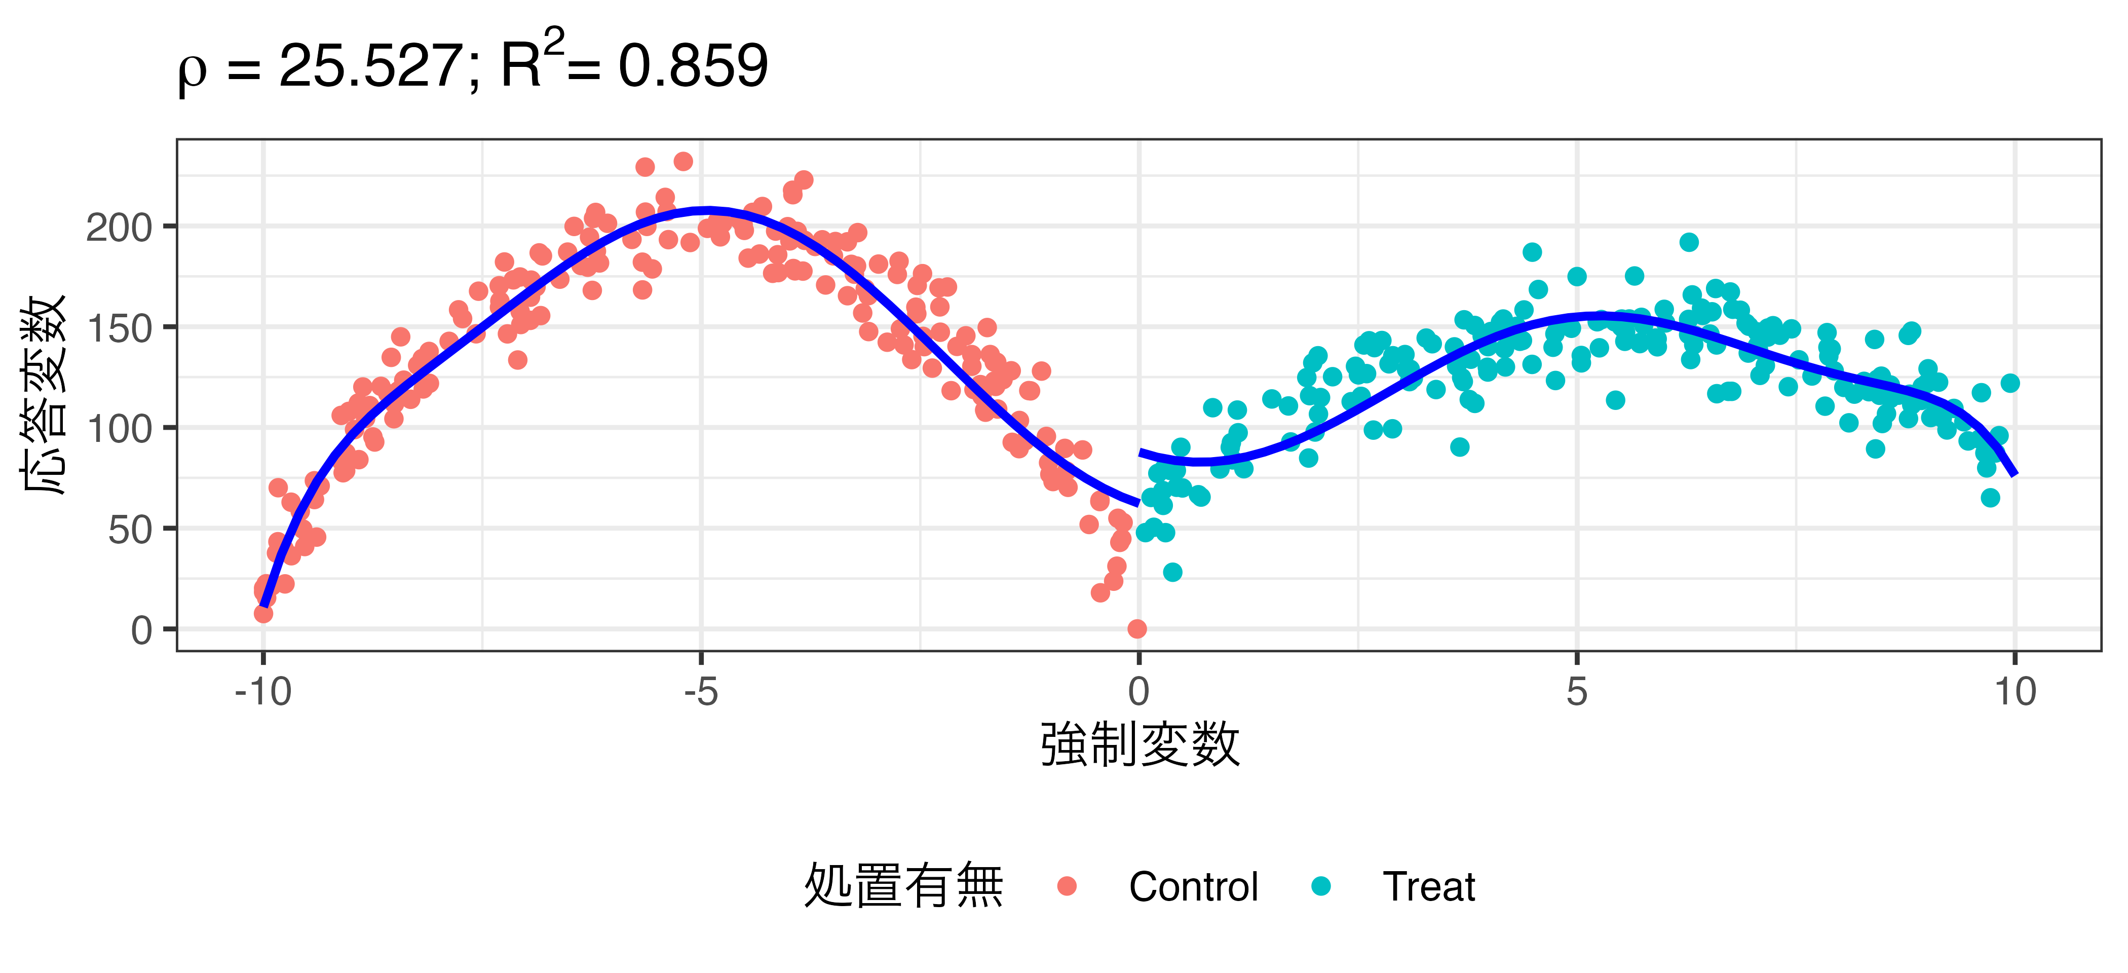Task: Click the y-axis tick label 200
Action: [119, 227]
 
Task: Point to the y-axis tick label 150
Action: [119, 328]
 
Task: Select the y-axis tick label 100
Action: [119, 429]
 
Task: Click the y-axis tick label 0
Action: [141, 630]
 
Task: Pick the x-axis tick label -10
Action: [262, 691]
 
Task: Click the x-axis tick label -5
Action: [701, 691]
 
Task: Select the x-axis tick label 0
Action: [1138, 691]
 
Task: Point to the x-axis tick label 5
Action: [1576, 691]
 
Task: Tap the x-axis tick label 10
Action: [2015, 691]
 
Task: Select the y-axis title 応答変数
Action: [43, 395]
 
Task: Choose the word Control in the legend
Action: [1193, 886]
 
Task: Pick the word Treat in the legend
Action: [1428, 886]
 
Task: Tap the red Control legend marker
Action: [1067, 886]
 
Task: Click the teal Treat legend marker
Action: [1321, 886]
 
